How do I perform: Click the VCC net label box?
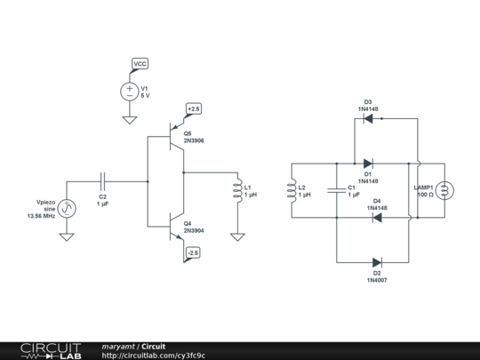click(140, 64)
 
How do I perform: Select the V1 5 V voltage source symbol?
click(130, 91)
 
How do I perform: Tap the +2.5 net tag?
click(194, 108)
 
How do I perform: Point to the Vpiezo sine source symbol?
click(67, 209)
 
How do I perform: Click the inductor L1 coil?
click(236, 191)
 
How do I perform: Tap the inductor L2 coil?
click(292, 191)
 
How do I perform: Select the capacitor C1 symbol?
click(336, 189)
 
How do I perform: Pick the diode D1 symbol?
click(368, 164)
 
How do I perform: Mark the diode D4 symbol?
click(377, 217)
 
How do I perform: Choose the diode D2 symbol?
click(377, 262)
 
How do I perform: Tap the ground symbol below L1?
click(236, 236)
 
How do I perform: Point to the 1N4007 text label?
click(377, 280)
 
